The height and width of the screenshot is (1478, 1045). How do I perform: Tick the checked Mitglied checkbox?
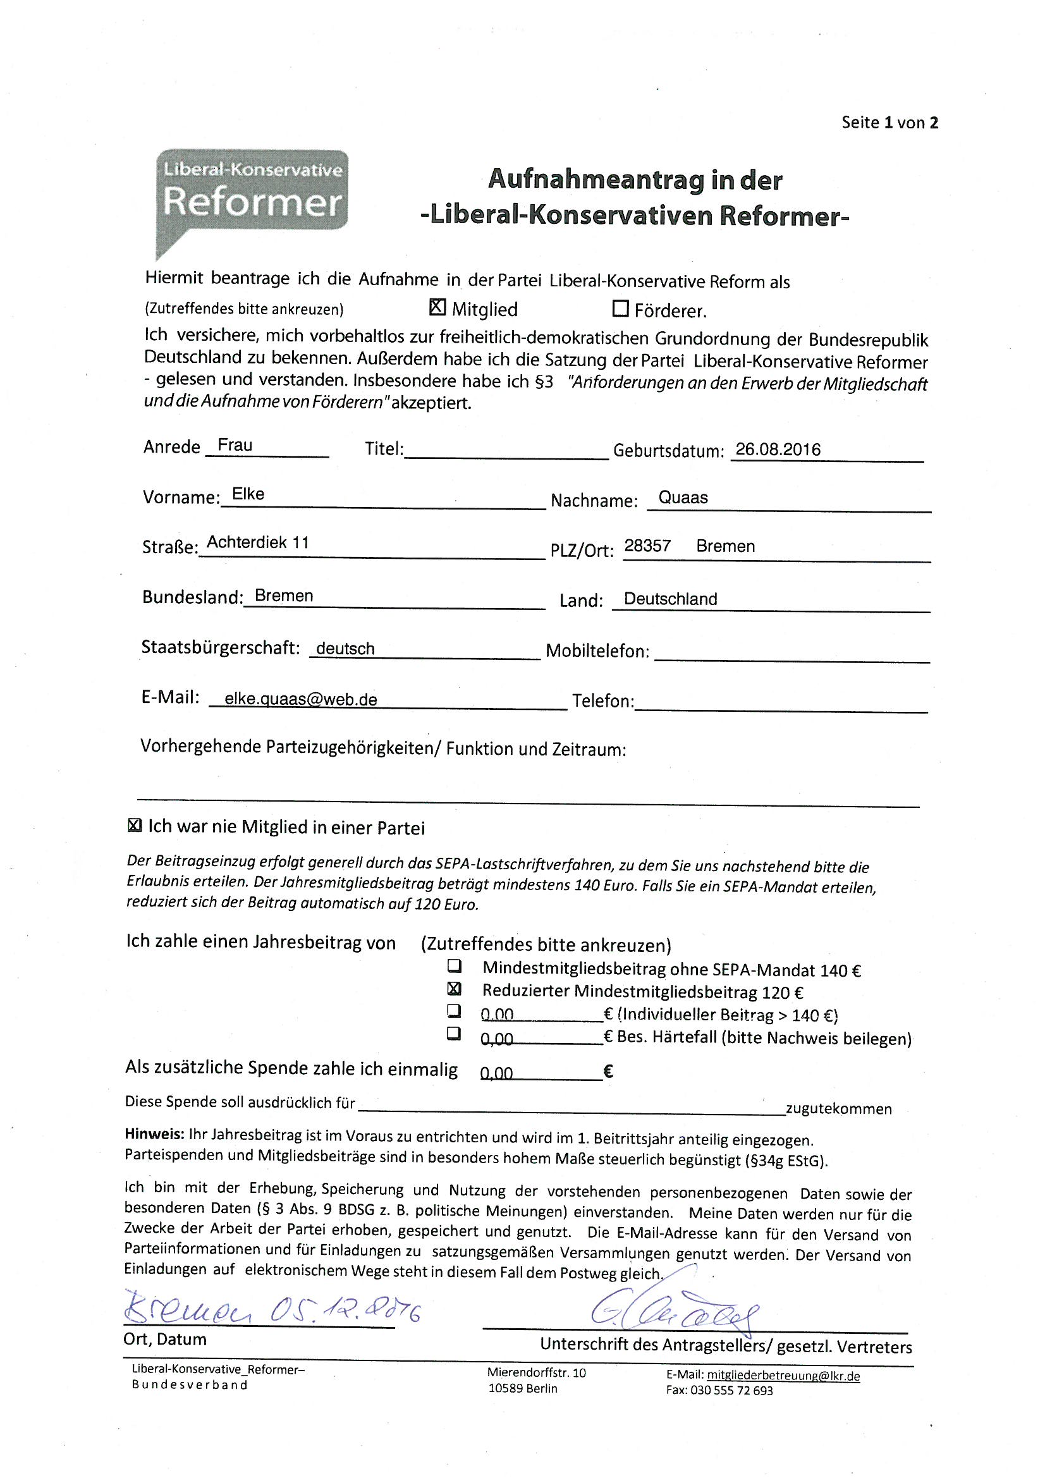point(437,308)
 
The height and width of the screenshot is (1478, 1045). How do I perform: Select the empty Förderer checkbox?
point(620,309)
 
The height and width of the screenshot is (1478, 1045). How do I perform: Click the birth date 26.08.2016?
point(778,449)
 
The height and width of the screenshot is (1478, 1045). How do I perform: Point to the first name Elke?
point(248,494)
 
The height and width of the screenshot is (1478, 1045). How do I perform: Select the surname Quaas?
point(683,498)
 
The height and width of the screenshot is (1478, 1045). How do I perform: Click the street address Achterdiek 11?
point(257,542)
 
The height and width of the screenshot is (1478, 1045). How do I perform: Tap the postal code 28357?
point(647,546)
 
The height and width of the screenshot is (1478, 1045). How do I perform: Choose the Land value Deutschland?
point(669,599)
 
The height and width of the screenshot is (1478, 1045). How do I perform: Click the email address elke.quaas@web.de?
point(301,699)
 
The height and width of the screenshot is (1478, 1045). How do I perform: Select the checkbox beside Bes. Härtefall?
point(455,1033)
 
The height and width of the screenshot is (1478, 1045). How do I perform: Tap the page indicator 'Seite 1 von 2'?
point(889,122)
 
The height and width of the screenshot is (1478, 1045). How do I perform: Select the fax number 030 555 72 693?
point(731,1391)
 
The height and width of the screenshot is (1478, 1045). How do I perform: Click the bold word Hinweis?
point(154,1133)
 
